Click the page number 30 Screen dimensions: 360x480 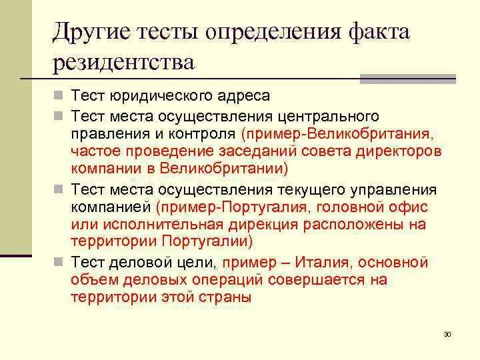point(447,334)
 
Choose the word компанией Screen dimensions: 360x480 point(111,207)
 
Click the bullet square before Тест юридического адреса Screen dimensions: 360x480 point(60,97)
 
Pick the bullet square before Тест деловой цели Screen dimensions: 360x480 point(60,263)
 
